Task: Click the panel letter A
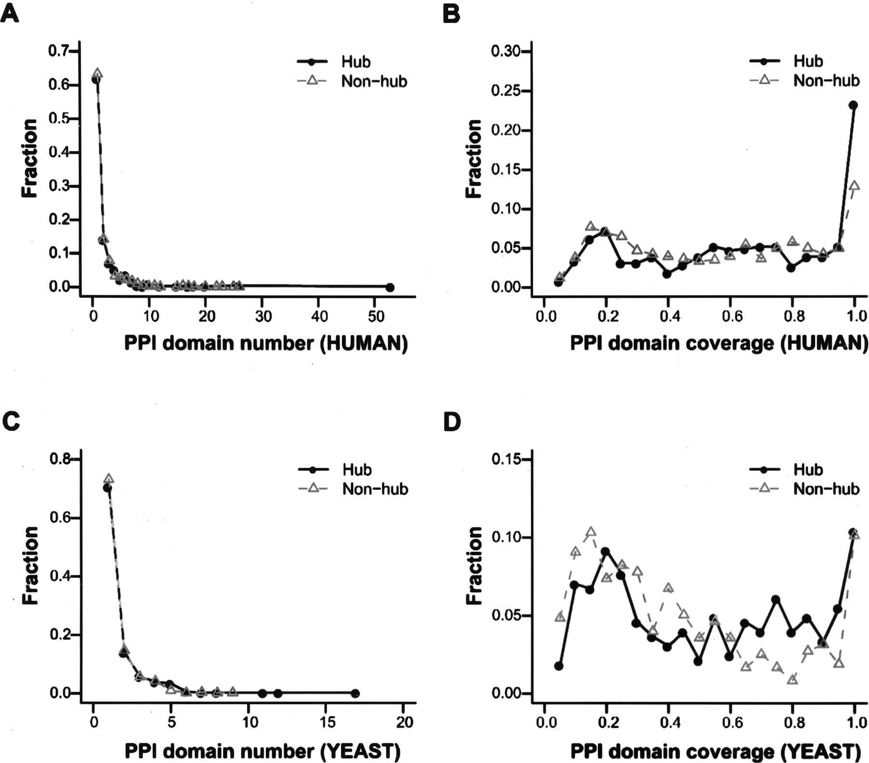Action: pos(10,14)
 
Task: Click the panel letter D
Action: pos(452,422)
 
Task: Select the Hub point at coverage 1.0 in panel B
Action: pos(853,105)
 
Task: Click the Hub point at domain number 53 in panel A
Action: pos(390,287)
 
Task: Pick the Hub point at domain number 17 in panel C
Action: pos(355,693)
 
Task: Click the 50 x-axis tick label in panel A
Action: pos(376,316)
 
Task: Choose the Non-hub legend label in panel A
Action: pos(374,81)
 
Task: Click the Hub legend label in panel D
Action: pos(808,469)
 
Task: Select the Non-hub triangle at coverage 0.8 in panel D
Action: pos(792,679)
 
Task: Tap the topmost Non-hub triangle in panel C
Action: pos(109,479)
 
